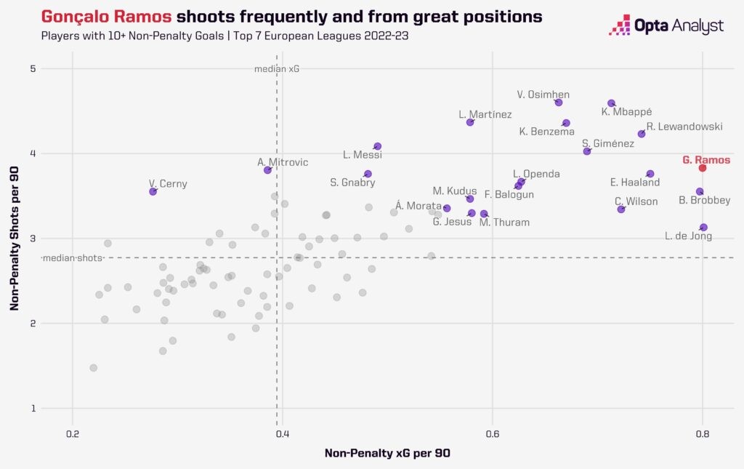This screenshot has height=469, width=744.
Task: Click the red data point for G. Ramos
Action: click(703, 168)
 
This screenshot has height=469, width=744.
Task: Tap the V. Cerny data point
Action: click(153, 191)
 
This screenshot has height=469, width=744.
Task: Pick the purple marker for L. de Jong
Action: click(703, 228)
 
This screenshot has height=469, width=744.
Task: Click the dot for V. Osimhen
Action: click(559, 103)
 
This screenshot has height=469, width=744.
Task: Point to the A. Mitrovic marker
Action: click(268, 169)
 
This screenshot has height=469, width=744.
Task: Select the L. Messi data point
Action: click(378, 146)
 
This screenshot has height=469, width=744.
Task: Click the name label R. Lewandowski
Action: click(684, 127)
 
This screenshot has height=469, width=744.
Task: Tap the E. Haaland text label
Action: click(635, 183)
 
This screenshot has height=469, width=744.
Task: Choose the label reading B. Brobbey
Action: click(704, 200)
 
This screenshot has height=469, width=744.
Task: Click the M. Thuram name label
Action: click(504, 223)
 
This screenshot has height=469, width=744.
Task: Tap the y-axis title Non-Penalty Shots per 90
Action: click(15, 238)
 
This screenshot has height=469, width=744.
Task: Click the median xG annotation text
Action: click(277, 69)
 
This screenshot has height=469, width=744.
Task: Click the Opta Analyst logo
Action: click(666, 27)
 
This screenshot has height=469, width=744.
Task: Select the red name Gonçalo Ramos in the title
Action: click(97, 16)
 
